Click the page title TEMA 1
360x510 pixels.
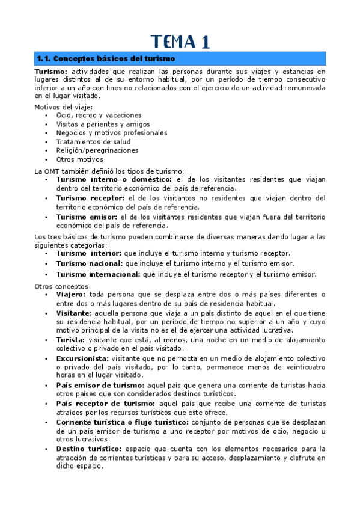click(180, 41)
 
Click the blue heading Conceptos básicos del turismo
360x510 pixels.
click(106, 59)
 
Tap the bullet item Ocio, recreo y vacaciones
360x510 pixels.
click(99, 115)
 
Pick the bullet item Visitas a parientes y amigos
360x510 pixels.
click(103, 124)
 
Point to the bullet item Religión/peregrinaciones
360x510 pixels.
click(97, 150)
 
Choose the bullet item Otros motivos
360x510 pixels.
click(79, 159)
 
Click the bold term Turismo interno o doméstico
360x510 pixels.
click(114, 179)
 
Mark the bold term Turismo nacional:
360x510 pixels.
click(89, 263)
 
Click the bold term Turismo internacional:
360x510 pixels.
click(98, 274)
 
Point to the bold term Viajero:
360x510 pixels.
click(71, 295)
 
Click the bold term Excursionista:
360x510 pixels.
click(82, 358)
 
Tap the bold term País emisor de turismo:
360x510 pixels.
click(100, 385)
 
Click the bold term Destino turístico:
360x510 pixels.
click(88, 449)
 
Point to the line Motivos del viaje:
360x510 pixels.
click(59, 106)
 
